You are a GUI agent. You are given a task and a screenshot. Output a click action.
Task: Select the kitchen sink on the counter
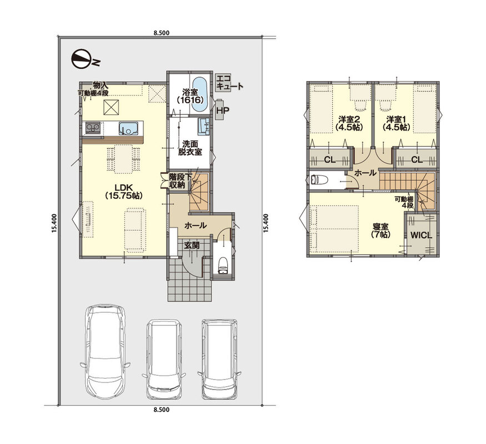pos(129,128)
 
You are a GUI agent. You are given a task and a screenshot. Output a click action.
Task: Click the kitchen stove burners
pos(93,128)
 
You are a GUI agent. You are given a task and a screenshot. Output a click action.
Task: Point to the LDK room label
pos(124,191)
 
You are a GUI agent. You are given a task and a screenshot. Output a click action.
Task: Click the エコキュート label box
pos(229,82)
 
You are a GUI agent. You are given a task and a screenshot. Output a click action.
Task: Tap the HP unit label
pos(221,109)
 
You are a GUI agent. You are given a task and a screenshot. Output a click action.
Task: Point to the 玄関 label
pos(192,245)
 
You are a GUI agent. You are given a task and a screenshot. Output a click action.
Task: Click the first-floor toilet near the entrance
pos(223,265)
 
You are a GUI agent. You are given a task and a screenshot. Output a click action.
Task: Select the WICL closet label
pos(421,235)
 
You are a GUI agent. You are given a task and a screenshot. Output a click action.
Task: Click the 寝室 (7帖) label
pos(380,231)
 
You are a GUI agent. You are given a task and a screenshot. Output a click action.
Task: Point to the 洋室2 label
pos(349,123)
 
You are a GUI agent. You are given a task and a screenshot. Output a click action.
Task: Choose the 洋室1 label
pos(396,123)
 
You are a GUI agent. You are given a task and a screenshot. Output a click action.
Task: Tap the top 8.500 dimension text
pos(162,33)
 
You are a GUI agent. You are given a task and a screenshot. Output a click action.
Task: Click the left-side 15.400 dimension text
pos(54,223)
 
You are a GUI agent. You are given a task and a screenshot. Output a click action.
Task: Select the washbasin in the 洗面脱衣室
pos(204,127)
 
